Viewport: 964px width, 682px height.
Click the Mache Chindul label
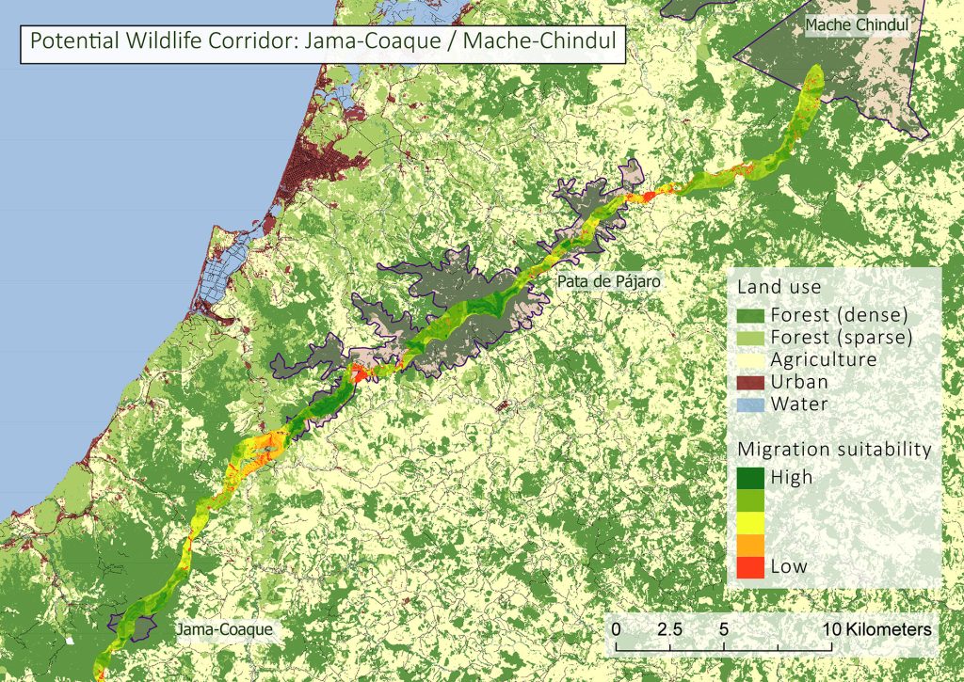click(858, 25)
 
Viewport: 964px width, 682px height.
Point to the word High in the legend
click(791, 477)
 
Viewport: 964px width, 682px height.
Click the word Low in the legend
click(789, 566)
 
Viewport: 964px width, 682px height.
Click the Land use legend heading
click(779, 286)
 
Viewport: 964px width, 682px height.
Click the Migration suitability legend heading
click(834, 450)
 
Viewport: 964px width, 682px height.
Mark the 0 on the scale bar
click(616, 627)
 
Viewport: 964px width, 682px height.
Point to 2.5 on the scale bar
click(670, 627)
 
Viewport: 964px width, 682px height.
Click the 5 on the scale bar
click(724, 627)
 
